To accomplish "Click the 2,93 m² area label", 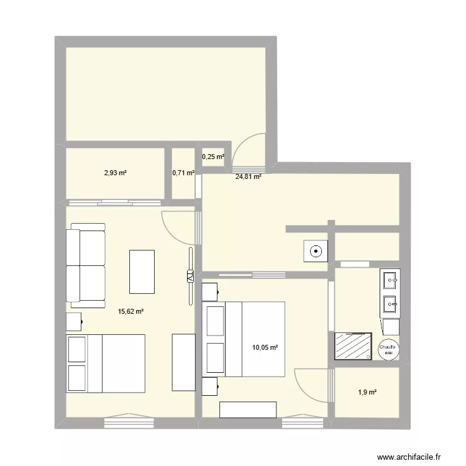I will click(116, 173).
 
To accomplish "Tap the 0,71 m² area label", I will click(183, 173).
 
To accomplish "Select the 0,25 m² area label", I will click(213, 157).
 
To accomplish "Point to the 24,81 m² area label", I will click(248, 176).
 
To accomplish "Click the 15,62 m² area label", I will click(130, 312).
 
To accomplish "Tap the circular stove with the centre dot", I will click(316, 252).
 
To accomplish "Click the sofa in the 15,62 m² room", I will click(86, 267).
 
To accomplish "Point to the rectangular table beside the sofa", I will click(142, 271).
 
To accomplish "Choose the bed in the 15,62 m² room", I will click(106, 363).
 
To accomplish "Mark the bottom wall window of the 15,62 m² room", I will click(129, 422).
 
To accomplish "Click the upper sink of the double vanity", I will click(391, 280).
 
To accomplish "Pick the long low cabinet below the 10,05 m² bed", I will click(248, 410).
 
